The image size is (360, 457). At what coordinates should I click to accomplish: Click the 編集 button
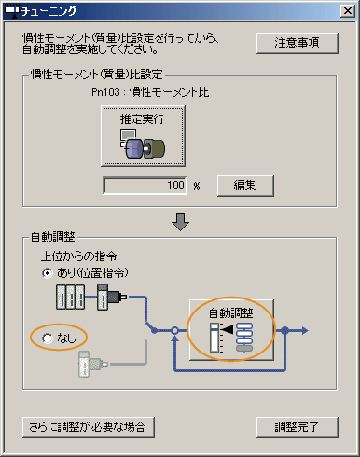point(246,185)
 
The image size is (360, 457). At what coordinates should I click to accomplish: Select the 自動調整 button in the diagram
point(229,327)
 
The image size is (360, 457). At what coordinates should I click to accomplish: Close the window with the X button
point(344,12)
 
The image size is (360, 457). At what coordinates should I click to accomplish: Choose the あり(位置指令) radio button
point(48,272)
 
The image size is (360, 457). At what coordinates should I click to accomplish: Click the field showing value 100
point(145,185)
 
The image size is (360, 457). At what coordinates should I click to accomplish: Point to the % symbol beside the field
point(198,186)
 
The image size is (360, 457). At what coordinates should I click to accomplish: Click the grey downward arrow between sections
point(181,221)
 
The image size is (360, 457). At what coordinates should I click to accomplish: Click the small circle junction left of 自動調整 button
point(174,330)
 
